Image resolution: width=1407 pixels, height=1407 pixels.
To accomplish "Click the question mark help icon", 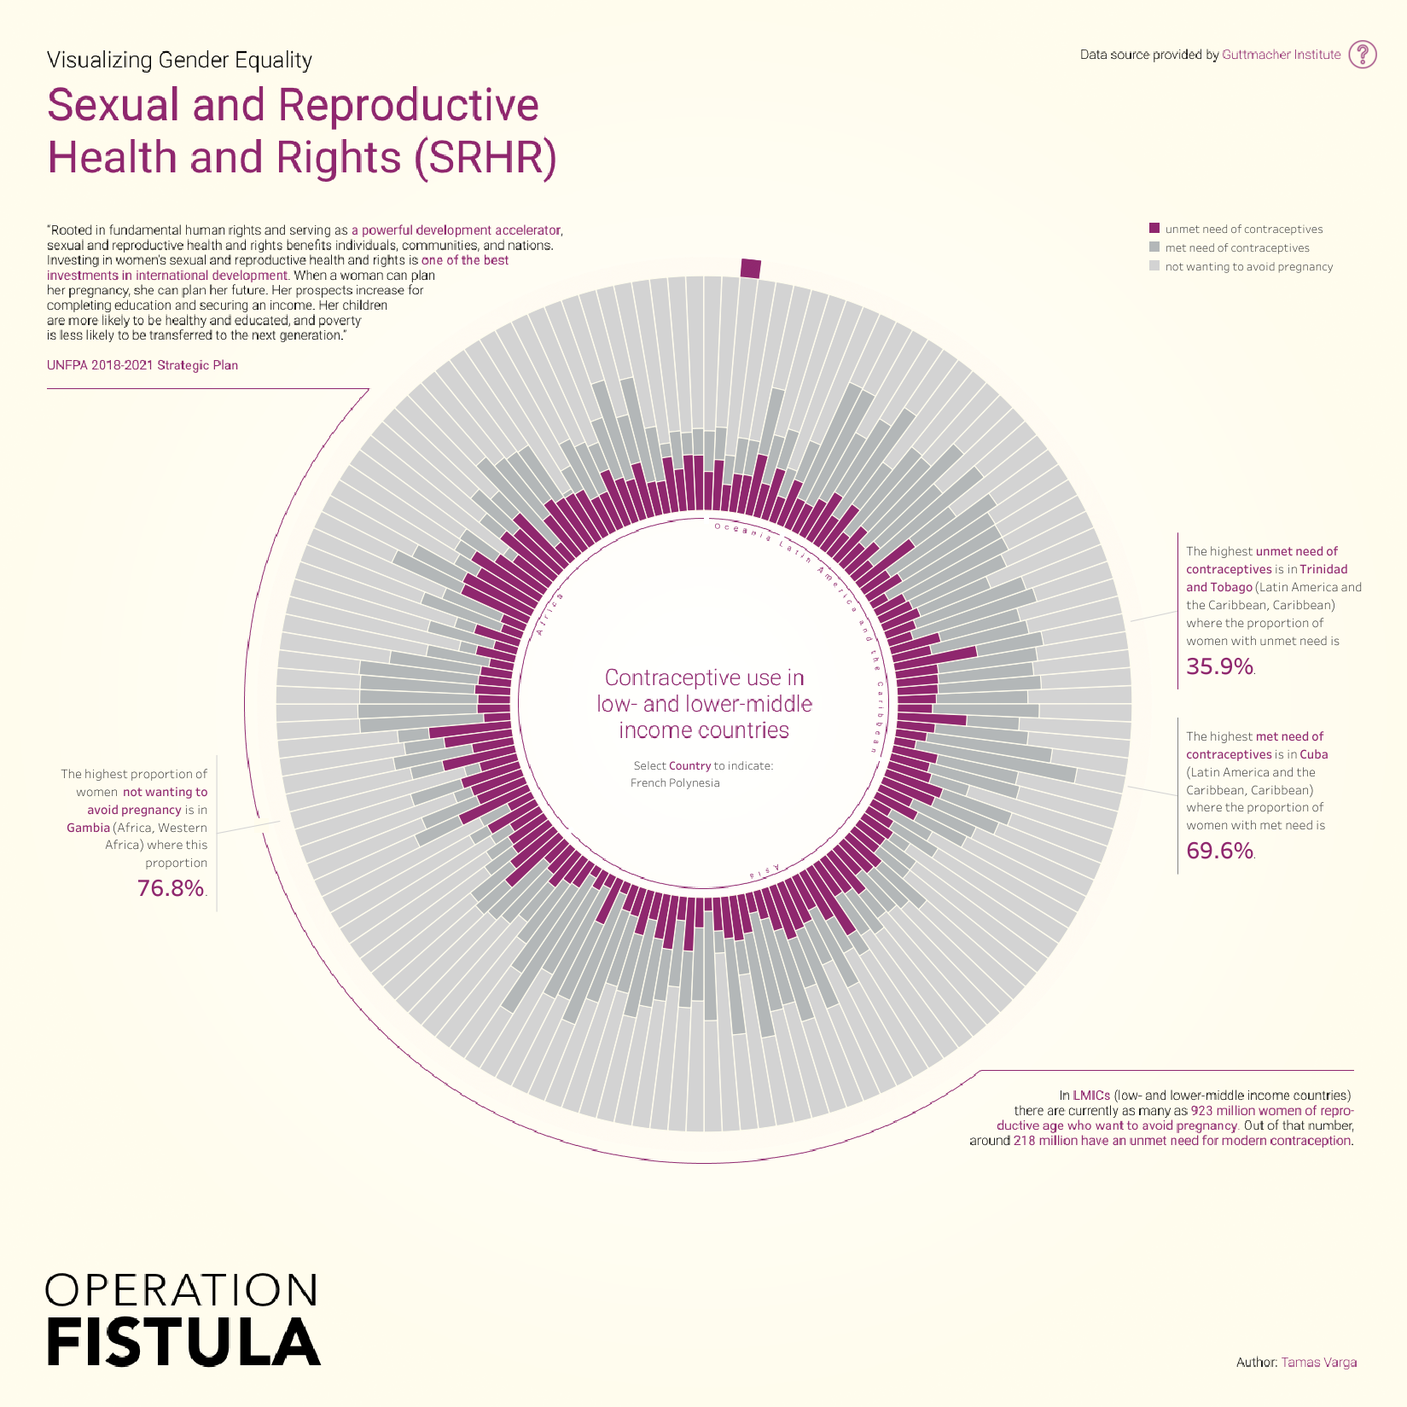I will [1363, 54].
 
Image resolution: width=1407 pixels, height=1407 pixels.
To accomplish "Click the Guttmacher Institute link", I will [1281, 55].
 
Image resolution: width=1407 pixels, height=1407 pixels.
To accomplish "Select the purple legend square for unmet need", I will [1154, 229].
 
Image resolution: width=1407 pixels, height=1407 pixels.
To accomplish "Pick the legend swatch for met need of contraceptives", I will [1154, 247].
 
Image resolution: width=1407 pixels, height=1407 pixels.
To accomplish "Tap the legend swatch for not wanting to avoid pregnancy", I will [1154, 266].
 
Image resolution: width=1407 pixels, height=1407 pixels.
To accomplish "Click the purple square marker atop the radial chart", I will [750, 268].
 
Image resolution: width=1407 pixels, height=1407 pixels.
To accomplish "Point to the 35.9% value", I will [1219, 666].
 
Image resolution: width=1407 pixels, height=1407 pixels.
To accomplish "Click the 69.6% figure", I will [1219, 851].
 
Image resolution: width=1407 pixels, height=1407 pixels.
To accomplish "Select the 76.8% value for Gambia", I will [171, 888].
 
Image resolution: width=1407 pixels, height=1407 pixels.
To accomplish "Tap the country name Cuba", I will [1314, 754].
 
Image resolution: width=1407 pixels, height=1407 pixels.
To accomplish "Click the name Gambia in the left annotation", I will [89, 828].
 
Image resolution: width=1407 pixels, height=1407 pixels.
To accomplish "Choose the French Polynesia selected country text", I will [675, 783].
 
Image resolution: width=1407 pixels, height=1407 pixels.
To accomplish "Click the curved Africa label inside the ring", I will [549, 614].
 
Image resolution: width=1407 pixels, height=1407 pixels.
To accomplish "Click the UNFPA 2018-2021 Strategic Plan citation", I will [142, 365].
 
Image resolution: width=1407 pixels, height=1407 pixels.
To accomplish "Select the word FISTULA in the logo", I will [183, 1342].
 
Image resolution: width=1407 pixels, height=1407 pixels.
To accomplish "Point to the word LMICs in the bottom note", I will [1091, 1095].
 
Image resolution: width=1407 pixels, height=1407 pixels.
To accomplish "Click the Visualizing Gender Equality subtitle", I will [179, 60].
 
